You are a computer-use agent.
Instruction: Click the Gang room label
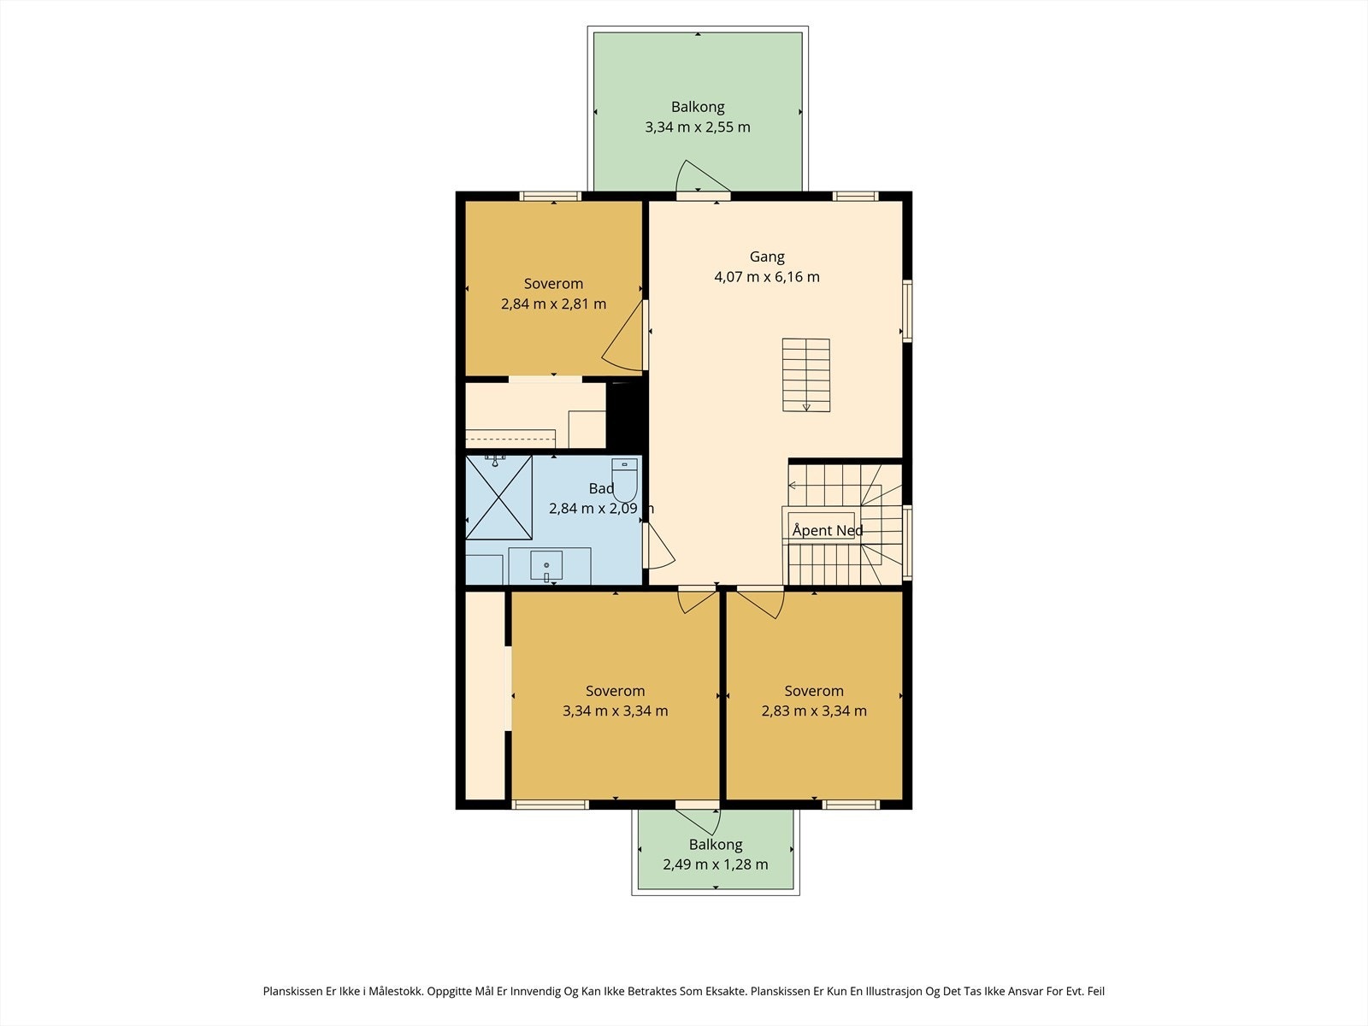[767, 256]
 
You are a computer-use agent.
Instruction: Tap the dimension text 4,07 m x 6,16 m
[767, 276]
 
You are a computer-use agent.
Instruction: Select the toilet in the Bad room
[624, 480]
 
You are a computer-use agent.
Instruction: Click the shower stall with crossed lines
[498, 497]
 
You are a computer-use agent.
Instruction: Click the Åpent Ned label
[828, 530]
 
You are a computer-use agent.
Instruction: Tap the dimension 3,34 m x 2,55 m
[698, 127]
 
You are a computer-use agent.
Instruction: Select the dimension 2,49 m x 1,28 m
[716, 864]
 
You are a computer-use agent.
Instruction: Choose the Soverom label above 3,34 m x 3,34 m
[615, 691]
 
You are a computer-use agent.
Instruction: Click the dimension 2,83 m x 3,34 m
[814, 711]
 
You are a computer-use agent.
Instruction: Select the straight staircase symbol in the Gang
[806, 375]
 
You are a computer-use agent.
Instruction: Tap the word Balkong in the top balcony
[698, 107]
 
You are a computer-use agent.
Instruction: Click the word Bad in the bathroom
[601, 488]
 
